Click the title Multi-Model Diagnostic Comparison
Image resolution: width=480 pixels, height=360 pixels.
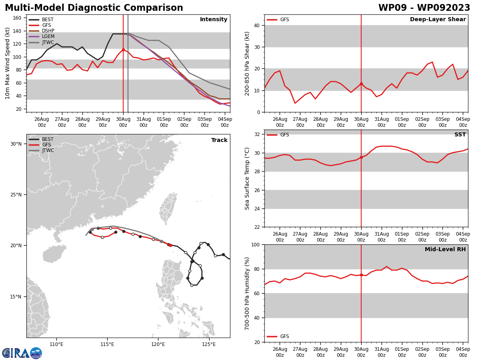[94, 8]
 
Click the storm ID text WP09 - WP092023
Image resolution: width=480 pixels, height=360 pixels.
[424, 8]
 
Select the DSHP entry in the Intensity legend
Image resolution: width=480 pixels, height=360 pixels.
[48, 31]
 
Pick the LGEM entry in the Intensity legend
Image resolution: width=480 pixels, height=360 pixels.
[48, 36]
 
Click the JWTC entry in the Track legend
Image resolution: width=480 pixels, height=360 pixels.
[48, 150]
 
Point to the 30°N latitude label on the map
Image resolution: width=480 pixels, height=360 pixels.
[16, 144]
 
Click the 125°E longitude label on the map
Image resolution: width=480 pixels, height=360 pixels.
[209, 344]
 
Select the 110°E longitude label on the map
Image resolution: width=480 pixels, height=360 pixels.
[56, 344]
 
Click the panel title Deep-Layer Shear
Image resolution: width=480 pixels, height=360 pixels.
[438, 20]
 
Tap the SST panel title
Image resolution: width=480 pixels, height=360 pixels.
[460, 135]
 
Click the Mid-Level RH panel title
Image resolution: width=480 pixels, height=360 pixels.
[445, 250]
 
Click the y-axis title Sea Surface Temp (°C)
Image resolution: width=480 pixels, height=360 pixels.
[248, 178]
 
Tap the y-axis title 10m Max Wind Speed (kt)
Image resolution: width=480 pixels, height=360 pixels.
[8, 63]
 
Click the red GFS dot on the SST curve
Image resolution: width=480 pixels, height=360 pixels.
[361, 157]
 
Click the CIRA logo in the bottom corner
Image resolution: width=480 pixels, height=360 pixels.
[22, 353]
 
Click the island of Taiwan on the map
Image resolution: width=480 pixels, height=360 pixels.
[168, 208]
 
